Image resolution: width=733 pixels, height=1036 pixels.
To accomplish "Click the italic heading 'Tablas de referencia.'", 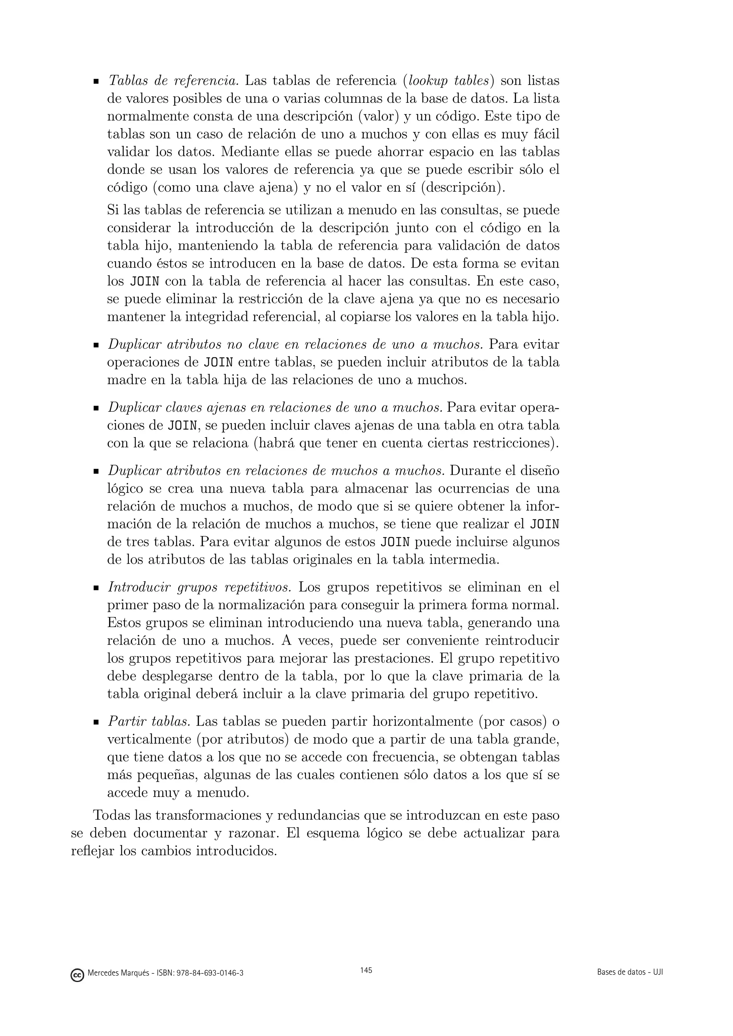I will (x=173, y=81).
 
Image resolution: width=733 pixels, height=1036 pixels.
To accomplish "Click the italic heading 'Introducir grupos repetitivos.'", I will (x=199, y=587).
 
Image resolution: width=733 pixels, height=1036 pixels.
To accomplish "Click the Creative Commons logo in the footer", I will (x=77, y=973).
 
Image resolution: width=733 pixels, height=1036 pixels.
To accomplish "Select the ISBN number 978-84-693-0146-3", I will (x=211, y=973).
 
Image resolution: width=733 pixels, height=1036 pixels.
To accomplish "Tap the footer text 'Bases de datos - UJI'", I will (x=630, y=972).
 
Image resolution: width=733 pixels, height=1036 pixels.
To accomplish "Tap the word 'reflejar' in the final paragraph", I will (x=93, y=851).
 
